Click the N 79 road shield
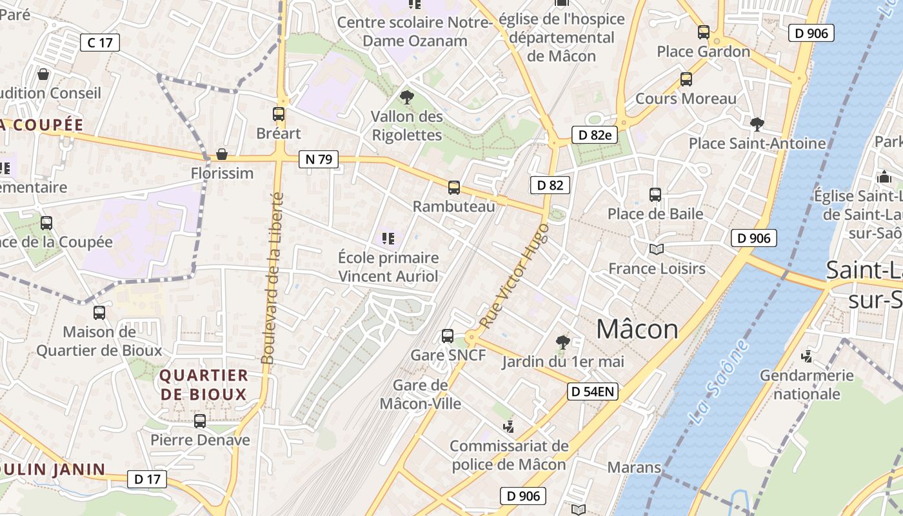point(319,159)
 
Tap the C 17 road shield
point(100,43)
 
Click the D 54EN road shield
point(593,391)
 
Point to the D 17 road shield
point(147,479)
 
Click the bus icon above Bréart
point(279,114)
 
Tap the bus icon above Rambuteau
point(454,188)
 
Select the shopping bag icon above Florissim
point(222,154)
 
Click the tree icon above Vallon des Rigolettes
point(406,97)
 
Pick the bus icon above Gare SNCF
point(448,336)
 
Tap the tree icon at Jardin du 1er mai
point(562,342)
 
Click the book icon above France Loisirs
point(657,249)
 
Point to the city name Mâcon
point(637,330)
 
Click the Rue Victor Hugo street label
point(515,276)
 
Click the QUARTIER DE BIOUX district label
point(203,384)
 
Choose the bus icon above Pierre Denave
point(200,421)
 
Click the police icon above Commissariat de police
point(509,426)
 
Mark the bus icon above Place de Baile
point(655,194)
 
